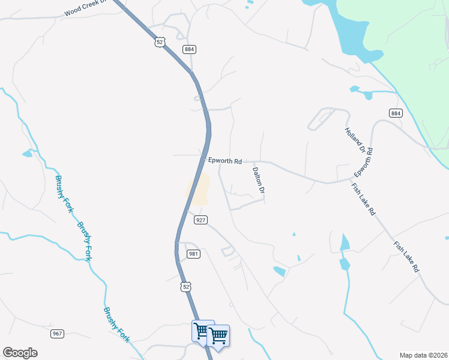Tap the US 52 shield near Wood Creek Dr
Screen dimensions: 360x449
click(x=158, y=42)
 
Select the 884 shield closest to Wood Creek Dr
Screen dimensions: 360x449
click(x=190, y=50)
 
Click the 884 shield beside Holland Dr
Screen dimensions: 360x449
click(x=395, y=113)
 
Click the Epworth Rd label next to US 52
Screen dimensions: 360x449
click(x=224, y=161)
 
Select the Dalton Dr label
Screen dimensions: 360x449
click(x=259, y=179)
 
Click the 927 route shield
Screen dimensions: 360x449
click(x=200, y=220)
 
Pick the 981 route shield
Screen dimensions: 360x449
click(x=193, y=254)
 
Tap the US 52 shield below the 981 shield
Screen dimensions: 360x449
click(x=186, y=287)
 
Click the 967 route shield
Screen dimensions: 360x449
click(x=58, y=334)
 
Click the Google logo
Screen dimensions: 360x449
click(x=20, y=353)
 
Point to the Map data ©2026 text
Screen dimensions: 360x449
click(x=423, y=355)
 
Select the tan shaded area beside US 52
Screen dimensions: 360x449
click(x=199, y=188)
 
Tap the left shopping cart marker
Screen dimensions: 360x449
click(x=202, y=331)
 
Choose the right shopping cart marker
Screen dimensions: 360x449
click(x=218, y=336)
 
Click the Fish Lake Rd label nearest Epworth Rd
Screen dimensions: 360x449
click(x=363, y=200)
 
